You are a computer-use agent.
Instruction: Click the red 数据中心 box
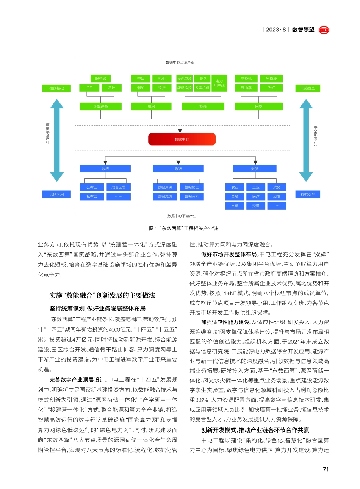(182, 139)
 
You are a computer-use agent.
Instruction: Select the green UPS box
(202, 78)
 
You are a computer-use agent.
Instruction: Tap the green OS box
(89, 88)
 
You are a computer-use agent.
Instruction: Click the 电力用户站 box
(219, 83)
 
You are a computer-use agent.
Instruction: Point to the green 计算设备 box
(100, 107)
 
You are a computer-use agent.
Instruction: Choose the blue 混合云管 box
(119, 187)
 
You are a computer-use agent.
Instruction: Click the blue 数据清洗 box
(165, 187)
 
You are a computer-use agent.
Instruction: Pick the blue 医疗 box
(256, 197)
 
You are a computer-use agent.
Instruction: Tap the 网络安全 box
(308, 88)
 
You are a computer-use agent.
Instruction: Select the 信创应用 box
(56, 194)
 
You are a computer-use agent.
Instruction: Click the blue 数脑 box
(255, 169)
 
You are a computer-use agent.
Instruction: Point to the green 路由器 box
(246, 88)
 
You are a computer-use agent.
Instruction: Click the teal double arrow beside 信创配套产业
(57, 140)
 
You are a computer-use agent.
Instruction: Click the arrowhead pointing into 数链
(178, 163)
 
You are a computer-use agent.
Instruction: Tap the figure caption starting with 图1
(183, 228)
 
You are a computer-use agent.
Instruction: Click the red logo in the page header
(324, 30)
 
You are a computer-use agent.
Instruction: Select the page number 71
(326, 469)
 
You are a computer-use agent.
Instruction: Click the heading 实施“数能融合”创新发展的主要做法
(102, 295)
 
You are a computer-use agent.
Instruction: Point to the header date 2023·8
(276, 30)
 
